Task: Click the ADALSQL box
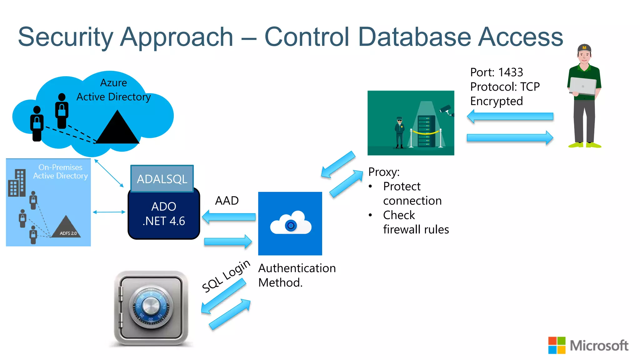click(162, 179)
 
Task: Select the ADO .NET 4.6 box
click(164, 214)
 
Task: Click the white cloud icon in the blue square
click(291, 223)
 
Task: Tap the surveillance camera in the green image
click(446, 110)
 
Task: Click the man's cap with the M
click(584, 48)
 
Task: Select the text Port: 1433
click(496, 72)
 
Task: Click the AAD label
click(227, 201)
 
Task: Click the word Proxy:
click(384, 172)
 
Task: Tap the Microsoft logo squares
click(557, 345)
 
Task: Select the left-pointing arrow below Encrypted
click(510, 117)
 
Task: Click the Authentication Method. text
click(297, 275)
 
